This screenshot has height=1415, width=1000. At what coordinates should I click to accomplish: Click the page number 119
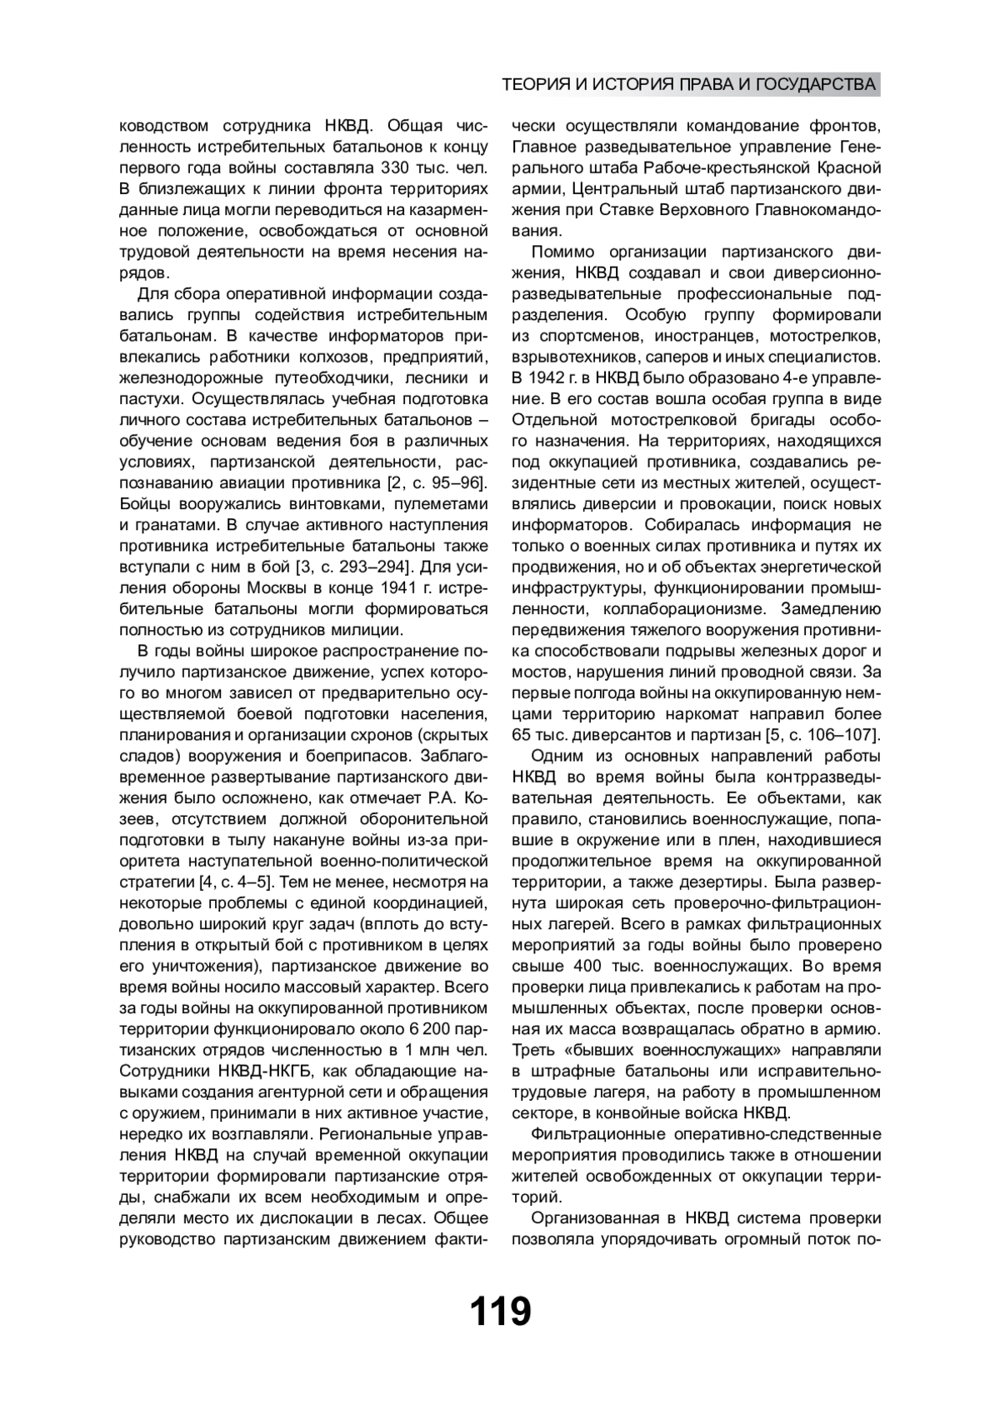[500, 1312]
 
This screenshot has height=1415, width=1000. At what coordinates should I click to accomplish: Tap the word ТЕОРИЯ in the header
[533, 84]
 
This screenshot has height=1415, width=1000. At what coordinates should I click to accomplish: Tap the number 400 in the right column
[590, 966]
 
